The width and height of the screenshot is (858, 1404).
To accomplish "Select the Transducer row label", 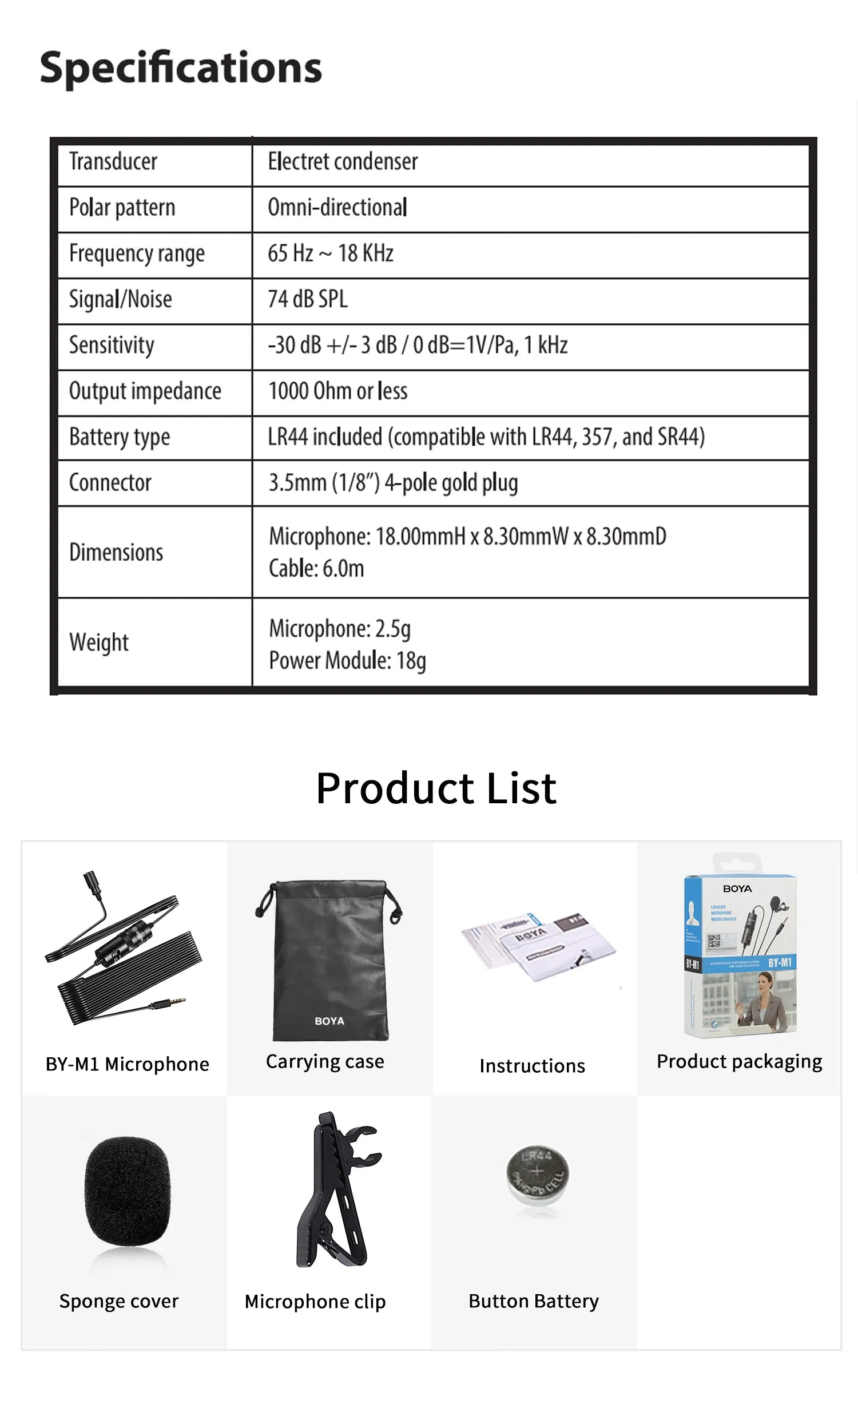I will click(113, 162).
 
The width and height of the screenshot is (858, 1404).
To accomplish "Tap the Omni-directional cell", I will click(337, 208).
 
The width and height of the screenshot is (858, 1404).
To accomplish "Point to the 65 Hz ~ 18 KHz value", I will click(331, 253).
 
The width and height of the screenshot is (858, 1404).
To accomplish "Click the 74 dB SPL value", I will click(308, 299).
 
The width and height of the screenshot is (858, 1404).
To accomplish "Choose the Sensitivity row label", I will click(112, 346).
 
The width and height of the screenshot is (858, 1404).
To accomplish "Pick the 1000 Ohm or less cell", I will click(337, 391).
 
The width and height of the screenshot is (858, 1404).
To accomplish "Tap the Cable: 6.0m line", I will click(316, 569).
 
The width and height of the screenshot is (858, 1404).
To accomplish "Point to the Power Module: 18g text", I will click(347, 661).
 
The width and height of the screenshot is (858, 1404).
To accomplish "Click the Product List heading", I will click(436, 788).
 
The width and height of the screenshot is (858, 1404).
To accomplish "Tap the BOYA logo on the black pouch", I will click(329, 1021).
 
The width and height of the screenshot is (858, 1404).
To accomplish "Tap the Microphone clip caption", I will click(315, 1302).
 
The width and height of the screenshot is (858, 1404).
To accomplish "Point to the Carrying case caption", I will click(325, 1061).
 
